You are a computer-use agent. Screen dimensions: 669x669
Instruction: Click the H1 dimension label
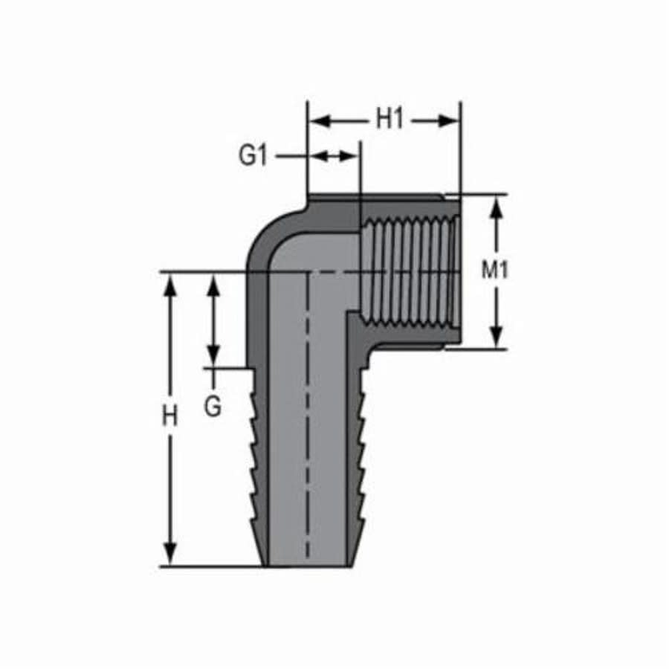point(389,119)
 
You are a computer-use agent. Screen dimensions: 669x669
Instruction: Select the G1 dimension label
point(253,156)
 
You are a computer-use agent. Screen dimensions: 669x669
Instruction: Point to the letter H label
point(170,416)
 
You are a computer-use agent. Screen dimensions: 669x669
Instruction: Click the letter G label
point(213,407)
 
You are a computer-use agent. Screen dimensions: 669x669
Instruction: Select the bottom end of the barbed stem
point(306,563)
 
